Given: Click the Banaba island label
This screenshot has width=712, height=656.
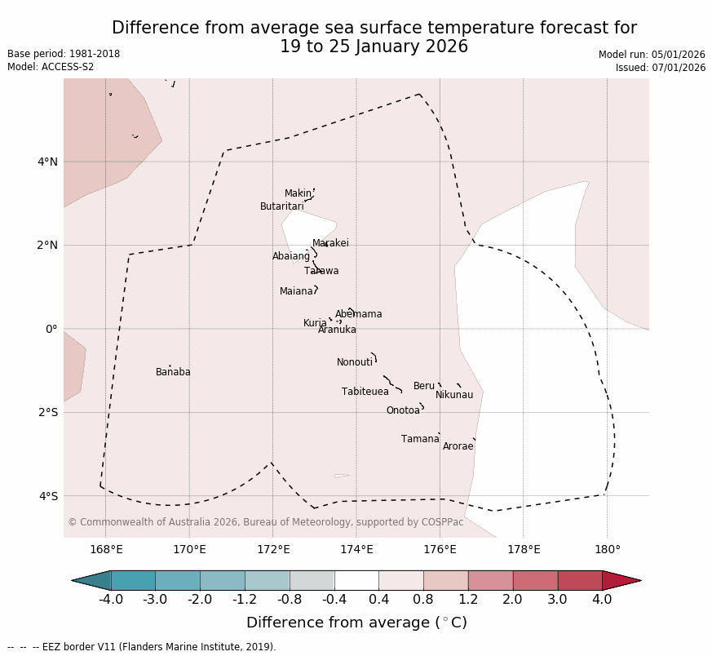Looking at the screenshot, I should click(x=173, y=372).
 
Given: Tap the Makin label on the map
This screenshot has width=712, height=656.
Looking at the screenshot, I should click(x=298, y=193).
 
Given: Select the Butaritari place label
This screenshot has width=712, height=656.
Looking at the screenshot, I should click(x=281, y=206).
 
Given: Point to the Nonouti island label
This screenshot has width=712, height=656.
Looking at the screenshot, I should click(x=355, y=362).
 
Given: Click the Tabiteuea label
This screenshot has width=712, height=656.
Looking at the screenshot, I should click(x=365, y=392).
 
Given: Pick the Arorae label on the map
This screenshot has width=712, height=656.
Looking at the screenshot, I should click(x=458, y=446).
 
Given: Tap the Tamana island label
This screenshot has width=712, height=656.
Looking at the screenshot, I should click(x=420, y=439).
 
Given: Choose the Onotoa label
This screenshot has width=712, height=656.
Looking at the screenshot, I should click(x=403, y=410).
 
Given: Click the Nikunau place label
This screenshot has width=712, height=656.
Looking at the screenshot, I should click(x=454, y=395).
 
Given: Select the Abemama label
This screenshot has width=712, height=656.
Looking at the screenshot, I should click(x=359, y=314).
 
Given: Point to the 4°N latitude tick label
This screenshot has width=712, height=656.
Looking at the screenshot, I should click(x=47, y=162).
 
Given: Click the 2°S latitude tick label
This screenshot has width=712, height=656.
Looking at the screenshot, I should click(x=47, y=412).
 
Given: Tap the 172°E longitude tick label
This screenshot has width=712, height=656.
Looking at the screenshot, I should click(x=272, y=549).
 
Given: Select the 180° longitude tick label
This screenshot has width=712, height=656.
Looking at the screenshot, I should click(x=607, y=549).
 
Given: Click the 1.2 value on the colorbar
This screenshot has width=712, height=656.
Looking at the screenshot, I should click(x=468, y=600).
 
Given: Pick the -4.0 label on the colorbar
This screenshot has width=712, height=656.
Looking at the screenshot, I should click(x=111, y=600).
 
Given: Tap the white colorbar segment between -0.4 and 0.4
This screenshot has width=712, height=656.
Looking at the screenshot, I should click(x=356, y=580).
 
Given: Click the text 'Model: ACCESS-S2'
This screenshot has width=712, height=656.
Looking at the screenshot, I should click(x=51, y=67).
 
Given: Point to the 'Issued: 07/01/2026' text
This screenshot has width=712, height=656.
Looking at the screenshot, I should click(x=661, y=68).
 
